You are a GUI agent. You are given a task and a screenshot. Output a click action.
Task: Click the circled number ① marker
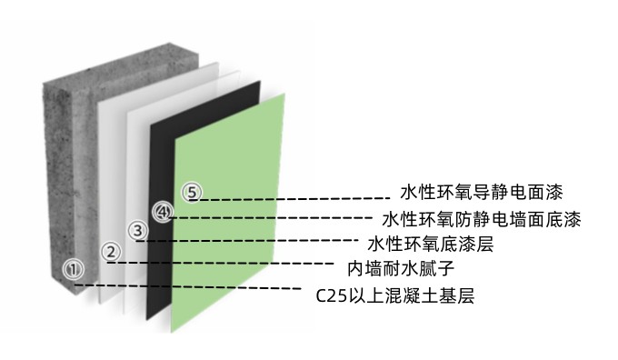pos(75,269)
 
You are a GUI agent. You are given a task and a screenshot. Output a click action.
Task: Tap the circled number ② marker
pos(110,252)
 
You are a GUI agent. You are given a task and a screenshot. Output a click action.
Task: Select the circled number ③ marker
pos(137,231)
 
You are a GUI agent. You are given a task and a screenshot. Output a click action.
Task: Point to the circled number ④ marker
pos(162,212)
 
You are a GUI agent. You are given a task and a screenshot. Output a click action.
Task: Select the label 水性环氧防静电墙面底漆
pos(482,219)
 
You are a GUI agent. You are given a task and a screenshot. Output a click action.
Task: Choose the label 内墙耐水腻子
pos(401,269)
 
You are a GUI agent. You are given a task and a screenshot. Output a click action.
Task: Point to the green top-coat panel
pos(236,264)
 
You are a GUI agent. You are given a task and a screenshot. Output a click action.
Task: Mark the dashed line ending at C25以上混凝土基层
pos(191,288)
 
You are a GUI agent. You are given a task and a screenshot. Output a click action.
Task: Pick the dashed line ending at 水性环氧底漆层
pos(254,240)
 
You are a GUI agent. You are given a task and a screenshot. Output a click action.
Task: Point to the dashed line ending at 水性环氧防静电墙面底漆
pos(273,218)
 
